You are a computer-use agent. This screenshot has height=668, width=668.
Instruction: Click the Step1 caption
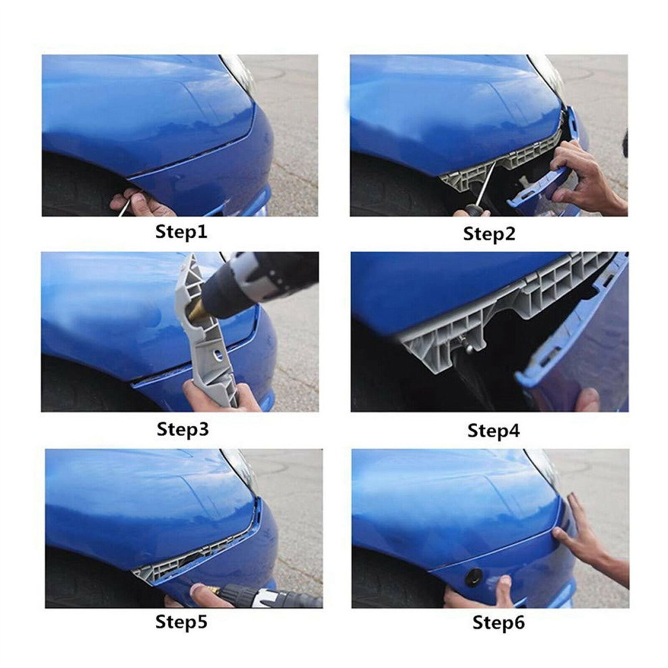click(x=181, y=231)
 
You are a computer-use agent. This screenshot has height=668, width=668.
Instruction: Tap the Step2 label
click(x=489, y=234)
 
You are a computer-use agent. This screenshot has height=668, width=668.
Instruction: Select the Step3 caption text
click(x=183, y=429)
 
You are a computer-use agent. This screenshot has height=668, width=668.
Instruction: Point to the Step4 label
click(x=493, y=430)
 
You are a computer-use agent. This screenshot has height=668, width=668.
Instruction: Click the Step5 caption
click(x=181, y=621)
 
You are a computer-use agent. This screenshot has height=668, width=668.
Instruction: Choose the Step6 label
click(x=499, y=623)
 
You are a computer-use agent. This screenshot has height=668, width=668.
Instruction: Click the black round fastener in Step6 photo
click(x=473, y=577)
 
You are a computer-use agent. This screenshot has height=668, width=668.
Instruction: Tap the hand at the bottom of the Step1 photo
click(x=141, y=204)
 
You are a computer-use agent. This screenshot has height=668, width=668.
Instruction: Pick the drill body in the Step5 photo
click(x=273, y=596)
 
